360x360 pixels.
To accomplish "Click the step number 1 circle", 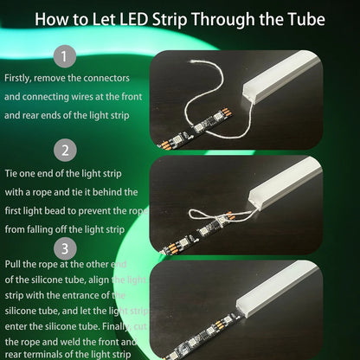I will pyautogui.click(x=65, y=58).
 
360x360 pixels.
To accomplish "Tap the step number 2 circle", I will pyautogui.click(x=65, y=150).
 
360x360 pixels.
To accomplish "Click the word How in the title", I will pyautogui.click(x=54, y=18).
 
